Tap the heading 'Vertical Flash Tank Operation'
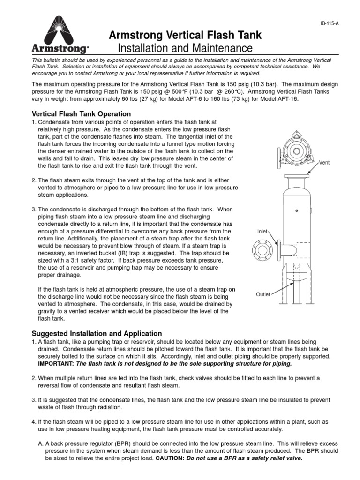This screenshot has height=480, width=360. click(x=81, y=114)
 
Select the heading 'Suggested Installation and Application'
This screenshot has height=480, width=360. click(x=96, y=333)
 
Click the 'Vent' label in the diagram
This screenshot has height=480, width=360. click(x=325, y=163)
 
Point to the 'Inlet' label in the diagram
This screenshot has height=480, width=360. click(x=262, y=232)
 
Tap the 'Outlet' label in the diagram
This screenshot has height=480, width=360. click(x=262, y=294)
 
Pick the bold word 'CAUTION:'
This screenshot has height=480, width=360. click(x=169, y=459)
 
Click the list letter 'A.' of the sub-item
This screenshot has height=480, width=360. click(x=40, y=444)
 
